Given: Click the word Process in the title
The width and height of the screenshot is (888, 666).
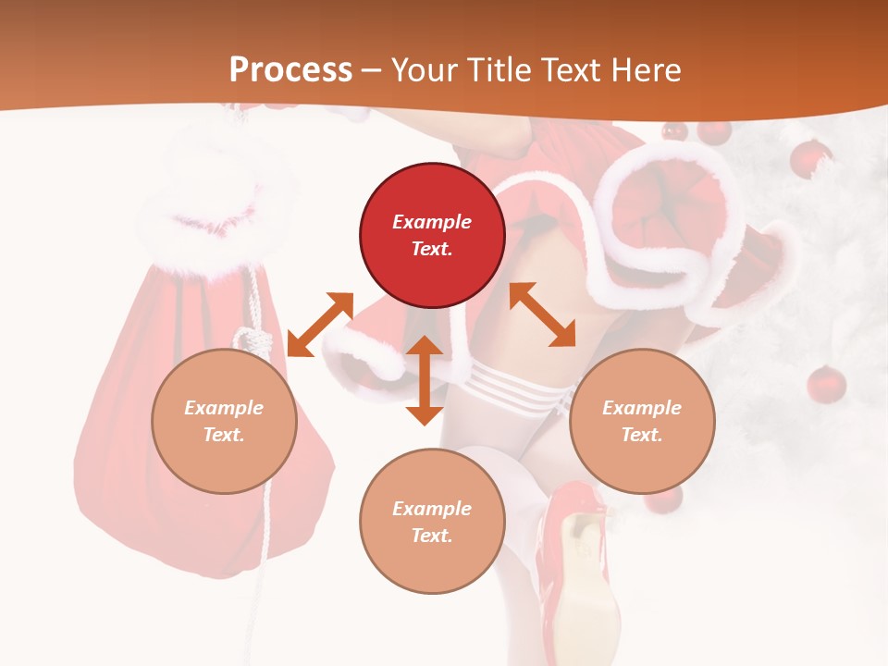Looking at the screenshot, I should coord(290,70).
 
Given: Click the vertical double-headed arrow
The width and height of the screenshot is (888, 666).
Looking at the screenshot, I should coord(425,380).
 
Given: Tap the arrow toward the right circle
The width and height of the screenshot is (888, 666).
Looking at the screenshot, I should coord(543,314).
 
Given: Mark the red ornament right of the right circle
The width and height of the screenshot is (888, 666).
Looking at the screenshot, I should coord(826,384).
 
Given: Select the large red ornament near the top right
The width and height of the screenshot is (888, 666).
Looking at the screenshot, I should coord(811,158).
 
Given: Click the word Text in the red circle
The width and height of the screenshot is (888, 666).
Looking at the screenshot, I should coord(432,249).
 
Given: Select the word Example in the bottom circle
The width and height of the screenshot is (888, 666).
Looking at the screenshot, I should coord(432,509).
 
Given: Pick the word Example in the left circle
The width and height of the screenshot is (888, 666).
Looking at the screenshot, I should coord(224,408).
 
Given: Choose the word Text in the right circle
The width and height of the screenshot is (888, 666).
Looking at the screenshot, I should coord(642,435).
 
